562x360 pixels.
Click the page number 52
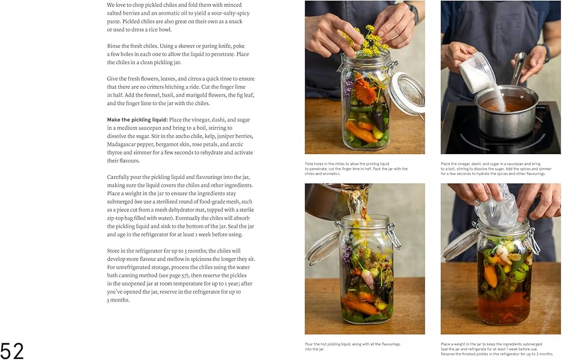pos(12,350)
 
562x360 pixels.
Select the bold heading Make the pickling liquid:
pos(137,120)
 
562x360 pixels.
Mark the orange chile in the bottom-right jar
pos(491,276)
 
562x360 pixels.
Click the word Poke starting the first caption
pos(310,164)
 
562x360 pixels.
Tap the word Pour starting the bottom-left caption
pos(310,344)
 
